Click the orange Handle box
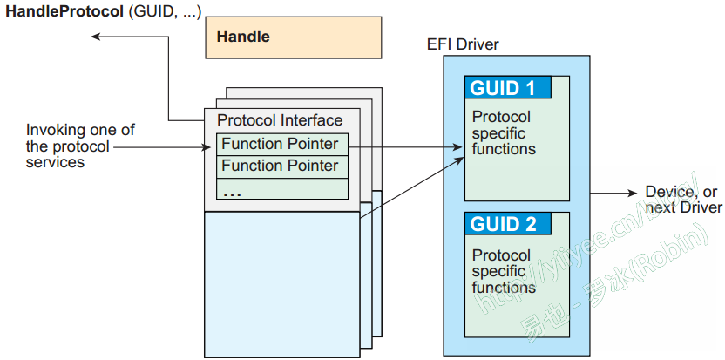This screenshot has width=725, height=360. tap(293, 37)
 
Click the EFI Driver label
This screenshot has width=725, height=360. tap(463, 44)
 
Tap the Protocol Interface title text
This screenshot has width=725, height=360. tap(280, 120)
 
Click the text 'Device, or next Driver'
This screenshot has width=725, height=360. tap(682, 200)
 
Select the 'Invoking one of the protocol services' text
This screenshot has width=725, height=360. tap(80, 146)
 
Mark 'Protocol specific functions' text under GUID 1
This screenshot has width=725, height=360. tap(504, 132)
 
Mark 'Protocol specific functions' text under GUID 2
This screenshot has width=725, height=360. tap(504, 271)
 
